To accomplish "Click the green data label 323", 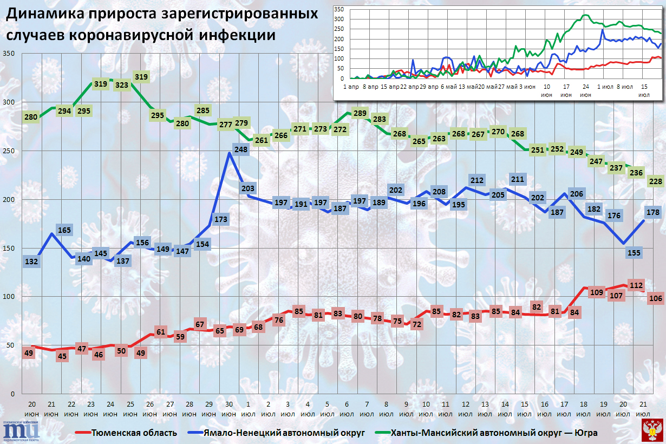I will click(122, 85).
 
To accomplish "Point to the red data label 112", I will click(636, 285).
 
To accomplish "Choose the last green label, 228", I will click(656, 181).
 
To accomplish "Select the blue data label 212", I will click(477, 180).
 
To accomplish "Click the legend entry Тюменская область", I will click(126, 433).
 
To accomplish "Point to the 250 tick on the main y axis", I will click(10, 151).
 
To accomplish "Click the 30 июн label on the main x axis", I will click(229, 409).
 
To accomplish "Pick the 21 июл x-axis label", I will click(643, 409).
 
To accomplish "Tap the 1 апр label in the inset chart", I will click(351, 86).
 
